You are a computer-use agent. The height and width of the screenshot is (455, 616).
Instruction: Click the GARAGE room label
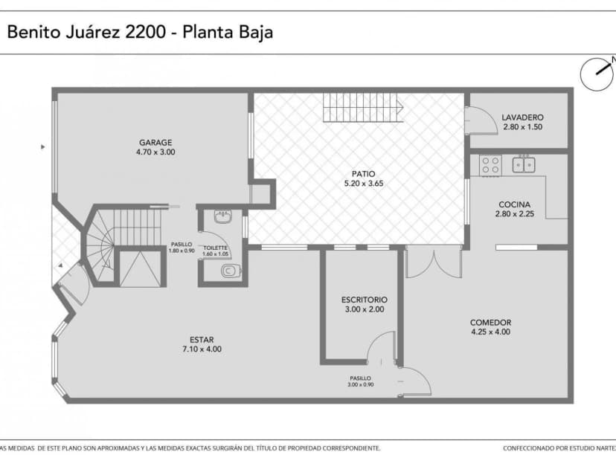(x=155, y=142)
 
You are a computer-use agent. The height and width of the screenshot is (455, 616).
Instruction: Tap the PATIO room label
(x=364, y=173)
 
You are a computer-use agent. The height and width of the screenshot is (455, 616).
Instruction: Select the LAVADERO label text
(x=522, y=117)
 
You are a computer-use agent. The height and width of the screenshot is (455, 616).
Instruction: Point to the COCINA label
(x=514, y=204)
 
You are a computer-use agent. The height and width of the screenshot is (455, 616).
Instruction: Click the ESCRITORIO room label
(x=364, y=300)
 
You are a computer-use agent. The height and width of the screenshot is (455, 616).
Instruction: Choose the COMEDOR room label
(x=490, y=322)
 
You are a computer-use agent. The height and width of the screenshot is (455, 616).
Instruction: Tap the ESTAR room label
(x=202, y=339)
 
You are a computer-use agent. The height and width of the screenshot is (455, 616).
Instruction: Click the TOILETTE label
(x=215, y=248)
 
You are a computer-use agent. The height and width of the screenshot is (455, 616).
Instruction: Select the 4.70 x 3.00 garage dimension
(x=155, y=152)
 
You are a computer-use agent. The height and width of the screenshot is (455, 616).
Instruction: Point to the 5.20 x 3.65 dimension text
(x=364, y=183)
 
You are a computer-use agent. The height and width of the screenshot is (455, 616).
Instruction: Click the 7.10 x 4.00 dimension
(x=202, y=349)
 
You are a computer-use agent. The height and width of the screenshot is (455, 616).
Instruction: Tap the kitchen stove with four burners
(x=490, y=164)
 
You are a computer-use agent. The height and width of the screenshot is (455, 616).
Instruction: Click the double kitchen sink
(x=523, y=164)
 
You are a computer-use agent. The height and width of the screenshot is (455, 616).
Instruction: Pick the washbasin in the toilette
(x=223, y=217)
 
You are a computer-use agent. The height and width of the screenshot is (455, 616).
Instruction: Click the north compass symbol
(x=597, y=74)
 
